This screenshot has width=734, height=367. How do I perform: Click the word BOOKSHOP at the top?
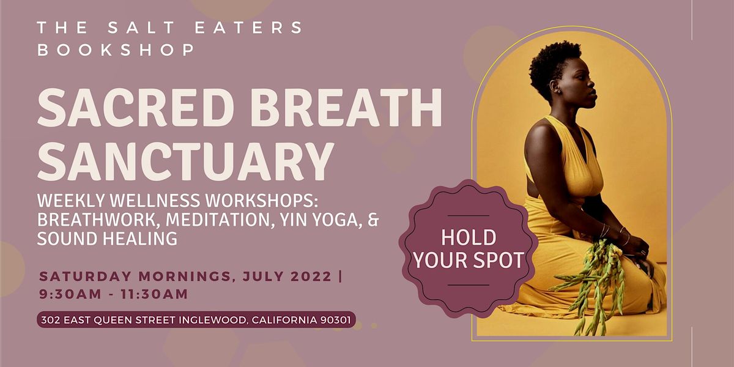click(x=116, y=50)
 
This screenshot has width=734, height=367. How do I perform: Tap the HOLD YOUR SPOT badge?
click(x=469, y=250)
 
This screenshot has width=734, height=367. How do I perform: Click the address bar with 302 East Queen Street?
click(x=196, y=320)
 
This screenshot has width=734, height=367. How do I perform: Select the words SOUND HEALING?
click(x=107, y=239)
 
